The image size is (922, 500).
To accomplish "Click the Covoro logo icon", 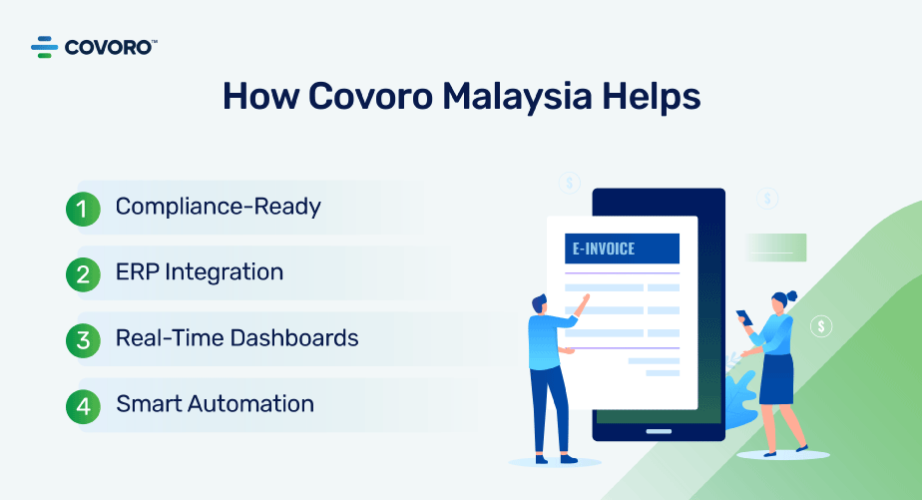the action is pos(44,47).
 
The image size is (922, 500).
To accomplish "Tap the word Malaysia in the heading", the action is pos(517,97).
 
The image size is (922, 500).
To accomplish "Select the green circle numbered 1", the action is pos(83,209).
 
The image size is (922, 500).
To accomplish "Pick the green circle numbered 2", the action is pos(83,274).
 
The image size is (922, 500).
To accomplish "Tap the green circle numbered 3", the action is pos(83,340).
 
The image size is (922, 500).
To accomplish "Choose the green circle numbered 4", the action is pos(83,406).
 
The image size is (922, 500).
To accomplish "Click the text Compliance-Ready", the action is pos(219,207).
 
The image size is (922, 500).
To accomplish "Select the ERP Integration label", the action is pos(200,272).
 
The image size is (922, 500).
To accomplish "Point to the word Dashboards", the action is pos(294,338).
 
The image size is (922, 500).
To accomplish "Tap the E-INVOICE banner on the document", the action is pos(622,249).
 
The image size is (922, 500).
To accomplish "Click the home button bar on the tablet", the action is pos(659,431).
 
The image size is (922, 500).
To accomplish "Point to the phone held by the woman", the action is pos(743,317).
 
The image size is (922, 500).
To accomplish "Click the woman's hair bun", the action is pos(791,295).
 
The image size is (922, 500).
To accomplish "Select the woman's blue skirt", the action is pos(776,379).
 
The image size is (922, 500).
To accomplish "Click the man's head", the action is pos(540,304).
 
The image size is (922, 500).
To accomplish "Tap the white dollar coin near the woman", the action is pos(821,326).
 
